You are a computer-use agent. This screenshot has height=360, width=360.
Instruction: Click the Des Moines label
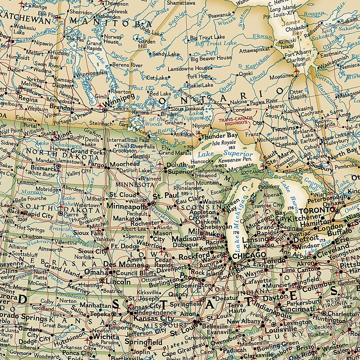pyautogui.click(x=119, y=265)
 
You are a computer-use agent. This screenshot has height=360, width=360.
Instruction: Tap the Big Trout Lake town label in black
pyautogui.click(x=207, y=37)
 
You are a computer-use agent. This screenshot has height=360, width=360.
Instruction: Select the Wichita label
pyautogui.click(x=105, y=337)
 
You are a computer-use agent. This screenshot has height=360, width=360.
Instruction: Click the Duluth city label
pyautogui.click(x=176, y=165)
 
